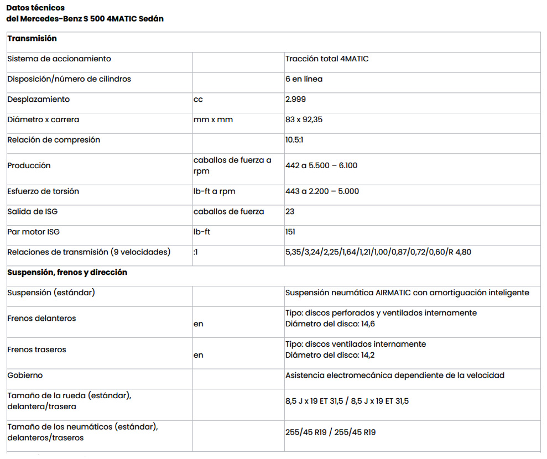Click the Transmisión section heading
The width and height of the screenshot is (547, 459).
tap(32, 39)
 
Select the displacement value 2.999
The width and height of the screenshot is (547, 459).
tap(295, 100)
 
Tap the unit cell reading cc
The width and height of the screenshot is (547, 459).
tap(198, 100)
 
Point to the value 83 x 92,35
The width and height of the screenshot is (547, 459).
tap(304, 119)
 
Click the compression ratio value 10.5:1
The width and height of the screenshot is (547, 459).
tap(294, 140)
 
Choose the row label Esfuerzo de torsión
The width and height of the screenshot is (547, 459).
tap(43, 191)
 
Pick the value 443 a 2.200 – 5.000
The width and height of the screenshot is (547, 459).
tap(322, 191)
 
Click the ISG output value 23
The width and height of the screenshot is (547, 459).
tap(290, 211)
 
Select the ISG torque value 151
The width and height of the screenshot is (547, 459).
tap(290, 232)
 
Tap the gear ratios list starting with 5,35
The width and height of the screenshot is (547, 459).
tap(378, 252)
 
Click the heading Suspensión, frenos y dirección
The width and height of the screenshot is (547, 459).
tap(67, 272)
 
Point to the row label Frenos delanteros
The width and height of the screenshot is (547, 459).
tap(41, 319)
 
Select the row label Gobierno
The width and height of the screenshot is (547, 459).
tap(25, 375)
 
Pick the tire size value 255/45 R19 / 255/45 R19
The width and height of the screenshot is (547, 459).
tap(330, 432)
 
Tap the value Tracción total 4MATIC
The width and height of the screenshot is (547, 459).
tap(327, 59)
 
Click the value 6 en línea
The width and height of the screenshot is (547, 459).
tap(304, 79)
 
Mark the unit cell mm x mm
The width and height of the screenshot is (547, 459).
tap(213, 119)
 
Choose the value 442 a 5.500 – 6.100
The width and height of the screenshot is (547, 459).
tap(321, 165)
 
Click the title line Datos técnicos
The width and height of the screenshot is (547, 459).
tap(35, 8)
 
